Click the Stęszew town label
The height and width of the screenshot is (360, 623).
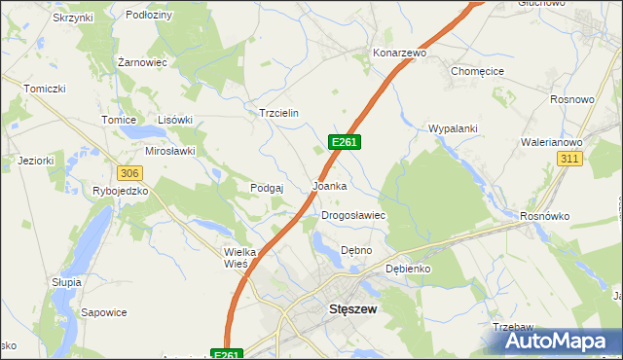pos(348,310)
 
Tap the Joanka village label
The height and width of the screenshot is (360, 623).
pos(330,185)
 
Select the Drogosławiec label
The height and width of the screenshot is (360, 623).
pos(354,215)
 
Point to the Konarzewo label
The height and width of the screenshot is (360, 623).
pos(400,53)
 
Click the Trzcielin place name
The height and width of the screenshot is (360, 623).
pos(277,113)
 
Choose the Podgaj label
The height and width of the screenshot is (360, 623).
pos(266,188)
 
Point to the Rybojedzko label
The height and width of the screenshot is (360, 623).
pos(120,191)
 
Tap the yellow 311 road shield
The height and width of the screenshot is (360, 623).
pos(569,158)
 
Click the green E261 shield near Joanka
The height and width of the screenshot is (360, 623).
pos(346,142)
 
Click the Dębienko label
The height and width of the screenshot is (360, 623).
pos(408,269)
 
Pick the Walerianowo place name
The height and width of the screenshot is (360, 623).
pos(553,139)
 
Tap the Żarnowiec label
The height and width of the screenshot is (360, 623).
pos(142,61)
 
